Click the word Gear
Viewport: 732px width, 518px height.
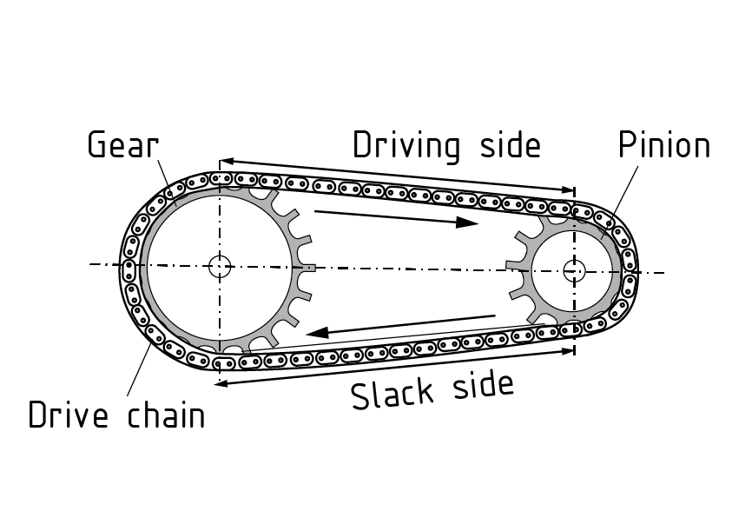click(x=122, y=144)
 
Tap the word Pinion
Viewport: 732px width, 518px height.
click(x=663, y=145)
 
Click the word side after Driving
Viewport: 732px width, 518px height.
click(x=510, y=144)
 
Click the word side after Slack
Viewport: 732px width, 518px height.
click(x=482, y=383)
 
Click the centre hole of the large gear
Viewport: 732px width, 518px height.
click(x=220, y=265)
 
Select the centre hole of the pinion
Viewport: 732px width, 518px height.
click(x=573, y=269)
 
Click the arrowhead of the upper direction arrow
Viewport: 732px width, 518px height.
click(x=469, y=223)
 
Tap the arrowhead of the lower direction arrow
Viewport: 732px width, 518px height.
click(x=312, y=333)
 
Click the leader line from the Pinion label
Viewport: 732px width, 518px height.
click(x=621, y=196)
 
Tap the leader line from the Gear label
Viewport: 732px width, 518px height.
click(x=165, y=179)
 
